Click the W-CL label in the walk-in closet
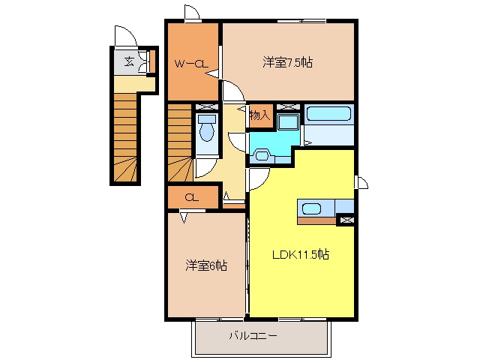[x=191, y=64]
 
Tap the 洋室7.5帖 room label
[x=287, y=62]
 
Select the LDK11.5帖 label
[x=301, y=254]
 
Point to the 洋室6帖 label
[x=206, y=265]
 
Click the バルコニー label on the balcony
[x=253, y=336]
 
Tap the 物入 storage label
[x=259, y=115]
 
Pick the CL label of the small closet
[x=192, y=198]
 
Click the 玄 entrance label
[x=129, y=61]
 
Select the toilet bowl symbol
[x=207, y=128]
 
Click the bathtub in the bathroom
[x=328, y=113]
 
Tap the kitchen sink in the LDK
[x=312, y=209]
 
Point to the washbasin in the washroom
[x=262, y=155]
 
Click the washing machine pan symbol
[x=288, y=121]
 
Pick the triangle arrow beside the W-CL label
[x=212, y=73]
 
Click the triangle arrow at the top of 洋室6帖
[x=184, y=218]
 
